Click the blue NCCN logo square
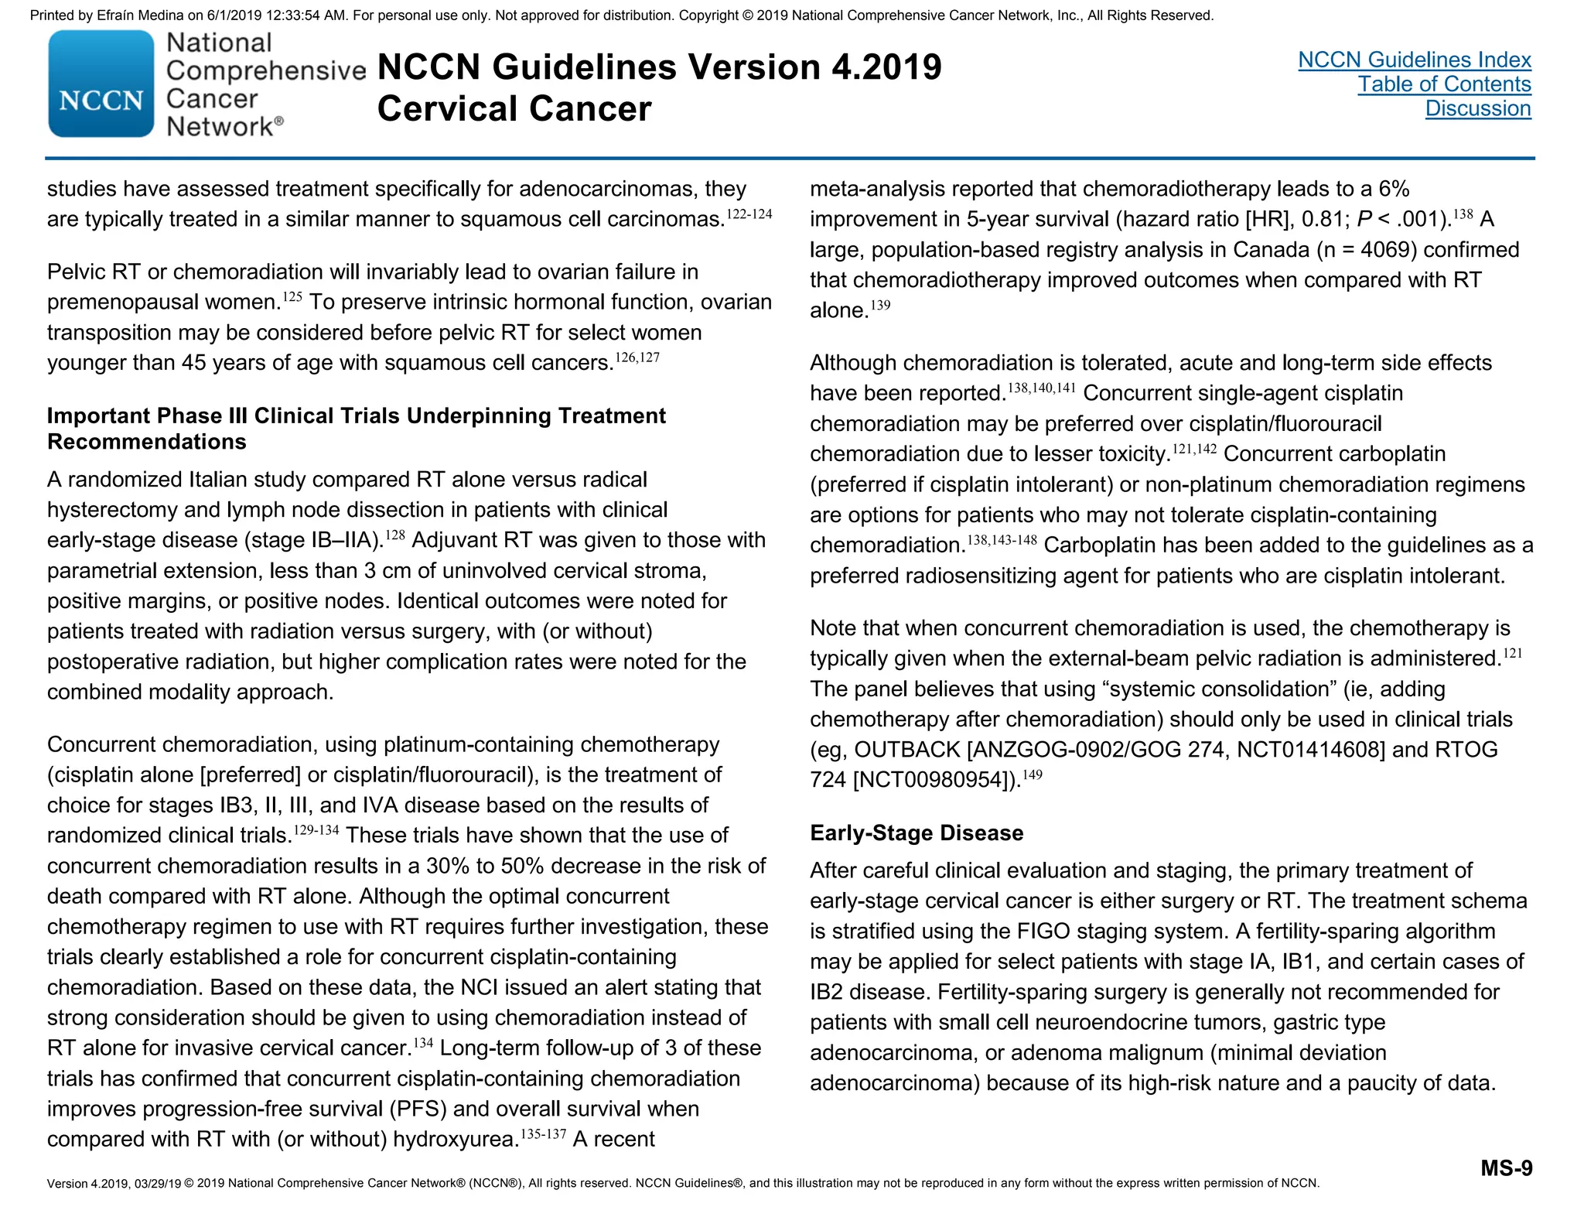point(101,84)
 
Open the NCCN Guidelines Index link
point(1414,60)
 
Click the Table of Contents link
point(1444,84)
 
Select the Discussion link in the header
point(1477,108)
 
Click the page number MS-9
point(1506,1168)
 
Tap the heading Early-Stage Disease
point(916,833)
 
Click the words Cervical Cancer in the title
point(514,108)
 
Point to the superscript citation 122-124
point(749,214)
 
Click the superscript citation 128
point(394,535)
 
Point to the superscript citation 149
point(1033,774)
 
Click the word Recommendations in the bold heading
point(146,442)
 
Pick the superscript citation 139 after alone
point(880,305)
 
